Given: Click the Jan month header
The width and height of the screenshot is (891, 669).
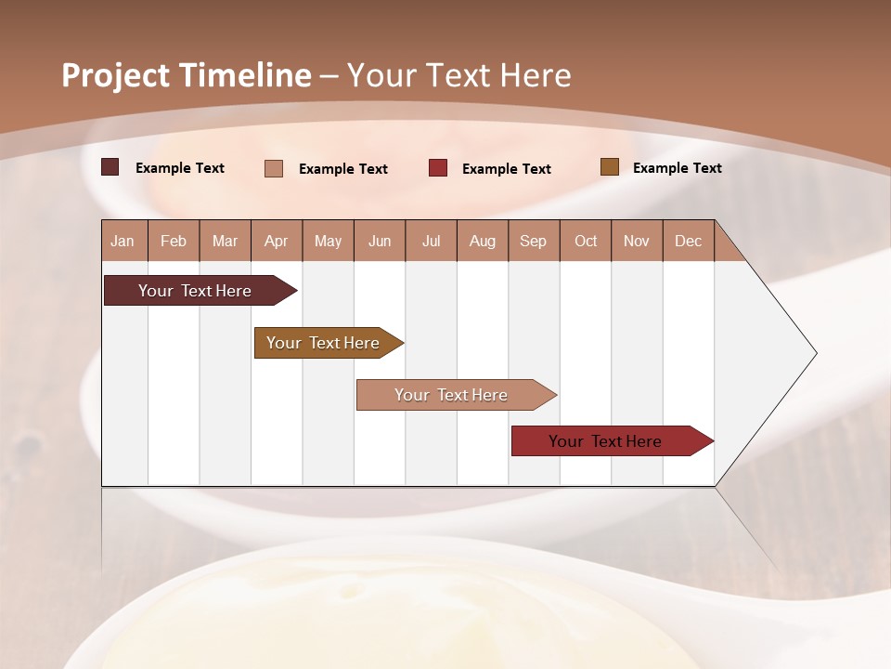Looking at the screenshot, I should pyautogui.click(x=123, y=241).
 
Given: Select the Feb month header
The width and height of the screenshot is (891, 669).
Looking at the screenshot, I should pyautogui.click(x=174, y=241).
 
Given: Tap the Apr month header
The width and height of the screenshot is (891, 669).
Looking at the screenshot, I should pyautogui.click(x=276, y=241).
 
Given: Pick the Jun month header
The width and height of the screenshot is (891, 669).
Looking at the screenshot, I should pyautogui.click(x=380, y=241).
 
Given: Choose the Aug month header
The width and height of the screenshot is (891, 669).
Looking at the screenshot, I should pyautogui.click(x=482, y=241).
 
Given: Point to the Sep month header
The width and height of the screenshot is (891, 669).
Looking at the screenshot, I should pyautogui.click(x=533, y=241).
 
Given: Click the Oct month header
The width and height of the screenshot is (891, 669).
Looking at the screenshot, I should pyautogui.click(x=586, y=241).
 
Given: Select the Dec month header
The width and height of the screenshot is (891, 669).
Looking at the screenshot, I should pyautogui.click(x=688, y=241).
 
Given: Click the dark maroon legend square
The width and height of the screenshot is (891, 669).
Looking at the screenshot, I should pyautogui.click(x=110, y=167).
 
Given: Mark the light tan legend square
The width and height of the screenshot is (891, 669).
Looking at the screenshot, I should pyautogui.click(x=274, y=168).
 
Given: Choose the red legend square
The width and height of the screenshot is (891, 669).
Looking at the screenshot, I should pyautogui.click(x=438, y=168).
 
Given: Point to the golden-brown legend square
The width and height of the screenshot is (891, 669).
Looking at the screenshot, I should pyautogui.click(x=609, y=167).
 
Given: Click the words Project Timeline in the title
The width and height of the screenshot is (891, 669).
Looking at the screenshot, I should pyautogui.click(x=186, y=75).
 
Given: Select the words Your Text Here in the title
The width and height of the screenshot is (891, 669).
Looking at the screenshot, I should pyautogui.click(x=458, y=75).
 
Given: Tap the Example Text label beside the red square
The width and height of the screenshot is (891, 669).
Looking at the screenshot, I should pyautogui.click(x=506, y=169).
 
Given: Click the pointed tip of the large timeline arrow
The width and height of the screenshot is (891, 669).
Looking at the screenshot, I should pyautogui.click(x=814, y=353).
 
